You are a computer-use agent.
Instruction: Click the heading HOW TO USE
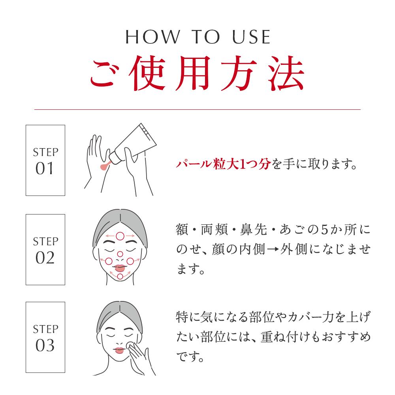197,37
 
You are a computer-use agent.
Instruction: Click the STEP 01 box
45,160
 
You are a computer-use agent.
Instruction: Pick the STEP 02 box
45,249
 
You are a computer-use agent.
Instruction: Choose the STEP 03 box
45,337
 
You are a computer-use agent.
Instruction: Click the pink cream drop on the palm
104,167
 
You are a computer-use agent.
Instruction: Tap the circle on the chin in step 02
120,276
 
